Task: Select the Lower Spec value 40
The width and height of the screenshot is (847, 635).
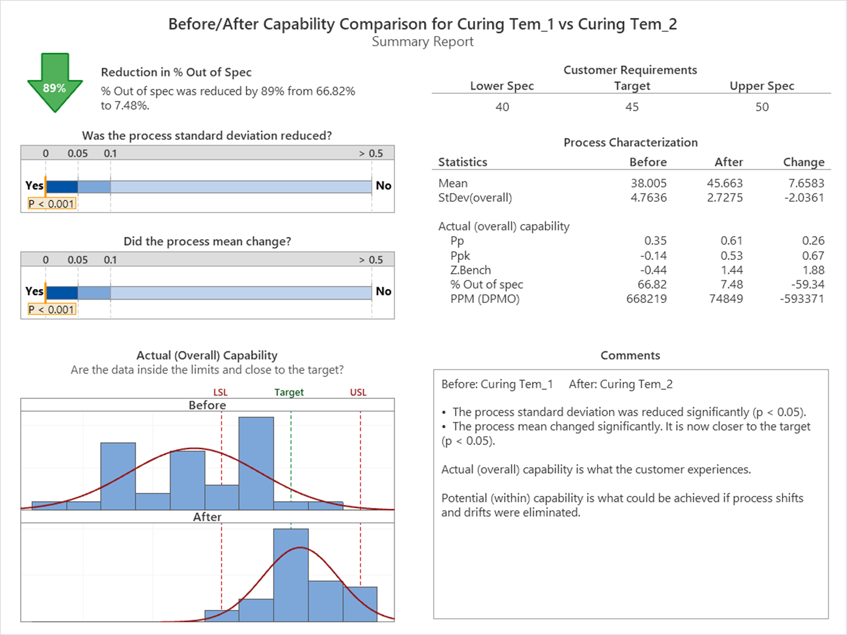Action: tap(502, 107)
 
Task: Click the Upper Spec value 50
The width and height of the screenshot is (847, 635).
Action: tap(762, 107)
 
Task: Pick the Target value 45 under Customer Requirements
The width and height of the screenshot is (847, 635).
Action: tap(632, 107)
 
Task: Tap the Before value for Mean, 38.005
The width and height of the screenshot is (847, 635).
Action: tap(648, 183)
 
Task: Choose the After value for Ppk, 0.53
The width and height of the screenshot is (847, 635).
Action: tap(731, 256)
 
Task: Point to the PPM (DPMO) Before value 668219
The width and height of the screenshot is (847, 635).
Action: tap(646, 299)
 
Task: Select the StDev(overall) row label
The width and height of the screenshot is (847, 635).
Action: tap(475, 198)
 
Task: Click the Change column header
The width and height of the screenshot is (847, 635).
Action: tap(804, 162)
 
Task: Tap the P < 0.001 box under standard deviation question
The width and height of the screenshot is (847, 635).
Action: tap(52, 204)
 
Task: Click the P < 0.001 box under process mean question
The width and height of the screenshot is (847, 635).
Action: tap(52, 310)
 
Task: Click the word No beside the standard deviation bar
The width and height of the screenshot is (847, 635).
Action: tap(383, 186)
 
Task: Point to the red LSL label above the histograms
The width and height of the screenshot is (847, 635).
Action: tap(220, 392)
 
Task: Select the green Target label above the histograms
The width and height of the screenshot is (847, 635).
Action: tap(289, 392)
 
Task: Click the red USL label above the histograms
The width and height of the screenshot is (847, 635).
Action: tap(358, 392)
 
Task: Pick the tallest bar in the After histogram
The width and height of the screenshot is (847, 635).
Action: tap(291, 575)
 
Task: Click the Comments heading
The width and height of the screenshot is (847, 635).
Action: tap(630, 355)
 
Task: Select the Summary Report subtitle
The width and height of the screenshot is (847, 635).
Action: tap(423, 42)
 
